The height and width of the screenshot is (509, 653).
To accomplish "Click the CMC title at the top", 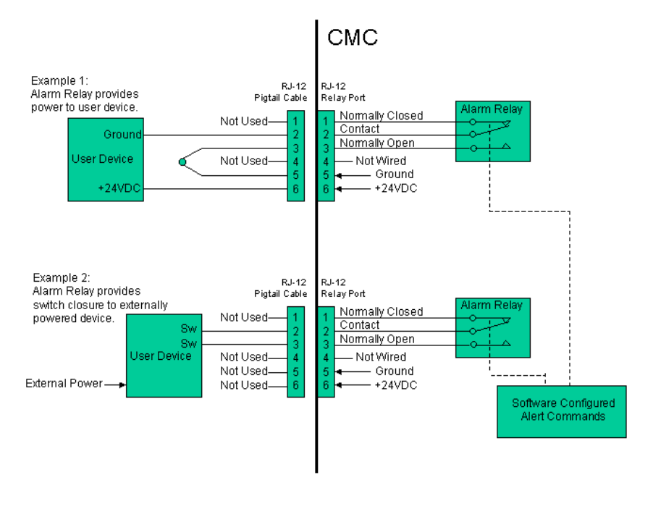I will (353, 38).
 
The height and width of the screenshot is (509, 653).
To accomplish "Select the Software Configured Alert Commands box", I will (561, 411).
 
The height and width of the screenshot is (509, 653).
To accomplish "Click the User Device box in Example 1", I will (105, 159).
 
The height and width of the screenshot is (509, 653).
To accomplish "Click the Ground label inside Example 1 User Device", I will (123, 134).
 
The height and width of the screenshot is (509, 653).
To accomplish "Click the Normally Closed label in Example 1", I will (381, 115).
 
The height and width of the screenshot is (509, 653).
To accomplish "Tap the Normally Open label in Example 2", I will (376, 339).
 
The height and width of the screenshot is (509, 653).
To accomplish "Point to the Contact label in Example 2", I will (360, 325).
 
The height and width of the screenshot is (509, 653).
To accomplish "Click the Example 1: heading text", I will (56, 80).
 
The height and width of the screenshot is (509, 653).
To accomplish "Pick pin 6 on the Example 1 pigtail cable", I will (295, 188).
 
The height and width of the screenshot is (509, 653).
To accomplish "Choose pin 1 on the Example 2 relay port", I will (326, 317).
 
